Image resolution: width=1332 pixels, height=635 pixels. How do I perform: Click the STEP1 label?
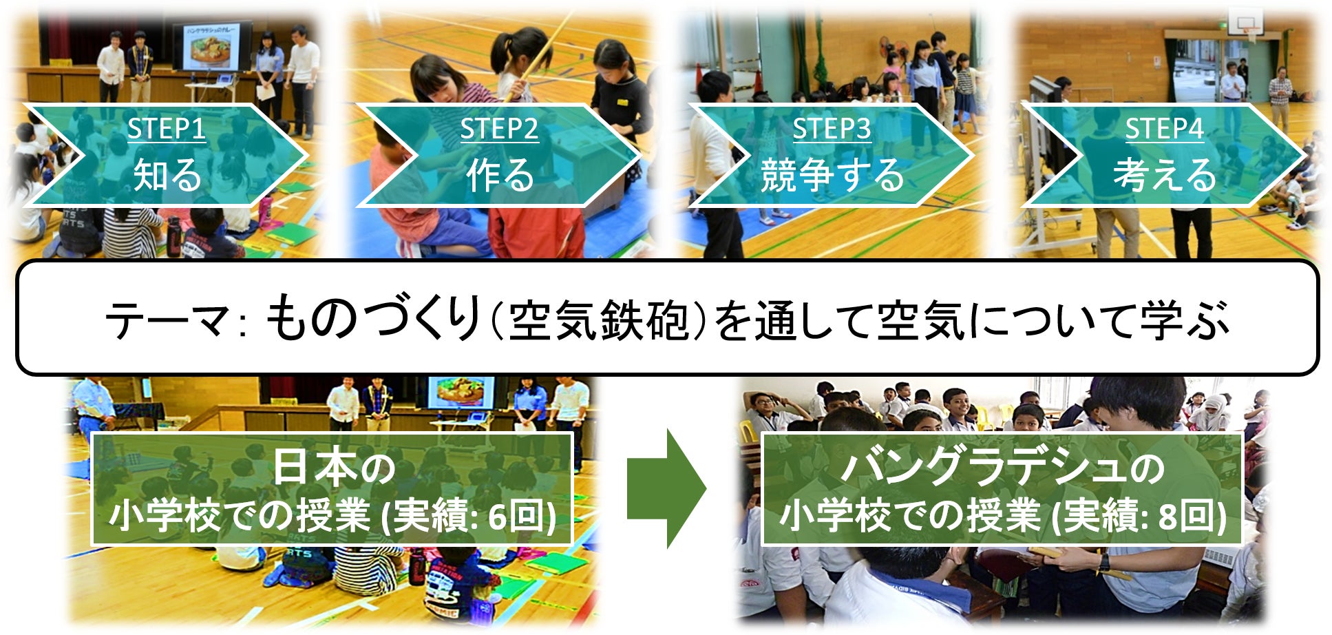pos(167,129)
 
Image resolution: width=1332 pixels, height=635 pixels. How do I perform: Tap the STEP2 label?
pos(499,129)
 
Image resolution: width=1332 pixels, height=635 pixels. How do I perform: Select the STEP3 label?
pos(832,129)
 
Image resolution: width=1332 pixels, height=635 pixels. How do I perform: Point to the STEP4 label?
pos(1164,129)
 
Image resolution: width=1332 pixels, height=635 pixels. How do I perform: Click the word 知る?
pos(167,174)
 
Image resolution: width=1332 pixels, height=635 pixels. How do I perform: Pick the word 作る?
pos(500,174)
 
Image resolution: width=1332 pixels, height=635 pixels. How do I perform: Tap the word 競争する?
pos(832,174)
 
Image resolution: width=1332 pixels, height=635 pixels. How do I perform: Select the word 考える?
pos(1165,174)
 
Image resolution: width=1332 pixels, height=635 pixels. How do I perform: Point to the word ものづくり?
pos(372,317)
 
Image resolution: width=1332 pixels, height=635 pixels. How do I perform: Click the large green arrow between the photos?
pos(666,489)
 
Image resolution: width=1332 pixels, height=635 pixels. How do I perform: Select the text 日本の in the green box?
pos(334,467)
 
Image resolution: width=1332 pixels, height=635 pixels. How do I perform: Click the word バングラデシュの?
pos(1002,467)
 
